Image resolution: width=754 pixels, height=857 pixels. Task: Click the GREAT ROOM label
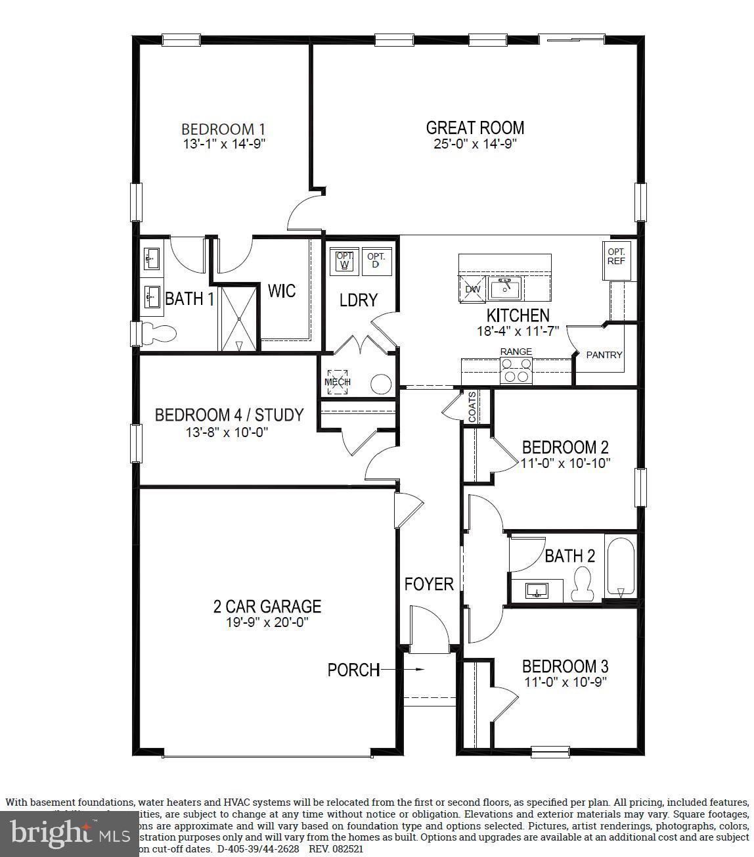click(475, 127)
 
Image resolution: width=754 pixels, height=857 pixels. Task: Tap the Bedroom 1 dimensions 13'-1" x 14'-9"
click(223, 143)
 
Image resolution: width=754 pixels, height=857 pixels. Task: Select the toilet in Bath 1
click(158, 333)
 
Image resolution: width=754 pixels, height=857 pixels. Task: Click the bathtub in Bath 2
click(621, 567)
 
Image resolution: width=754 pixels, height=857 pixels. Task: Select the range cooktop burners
click(516, 371)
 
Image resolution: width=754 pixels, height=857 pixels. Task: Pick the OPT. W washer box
click(344, 260)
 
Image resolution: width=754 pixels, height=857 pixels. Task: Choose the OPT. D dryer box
click(376, 260)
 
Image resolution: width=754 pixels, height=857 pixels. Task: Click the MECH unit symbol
click(338, 382)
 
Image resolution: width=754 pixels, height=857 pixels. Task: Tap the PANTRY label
click(604, 355)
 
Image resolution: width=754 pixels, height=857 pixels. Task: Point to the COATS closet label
click(472, 407)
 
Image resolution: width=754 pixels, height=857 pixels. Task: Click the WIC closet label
click(282, 290)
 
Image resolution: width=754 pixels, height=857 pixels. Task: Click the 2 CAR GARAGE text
click(267, 606)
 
